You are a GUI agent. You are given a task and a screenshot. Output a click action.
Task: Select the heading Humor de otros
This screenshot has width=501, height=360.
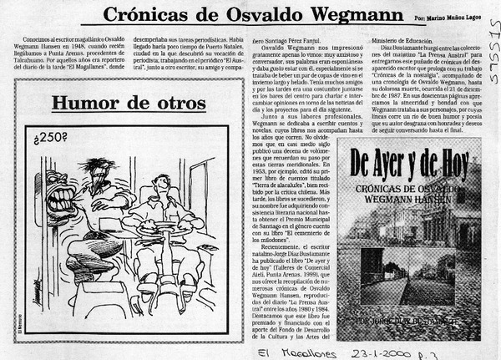(129, 103)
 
